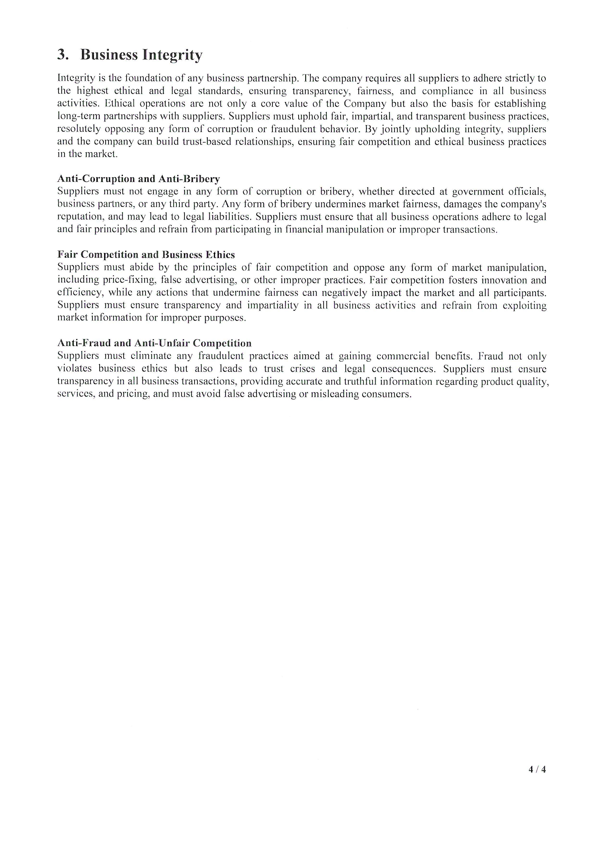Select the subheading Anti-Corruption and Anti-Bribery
pos(138,179)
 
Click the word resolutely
pos(79,129)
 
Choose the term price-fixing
pos(130,280)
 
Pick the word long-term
pos(79,116)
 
